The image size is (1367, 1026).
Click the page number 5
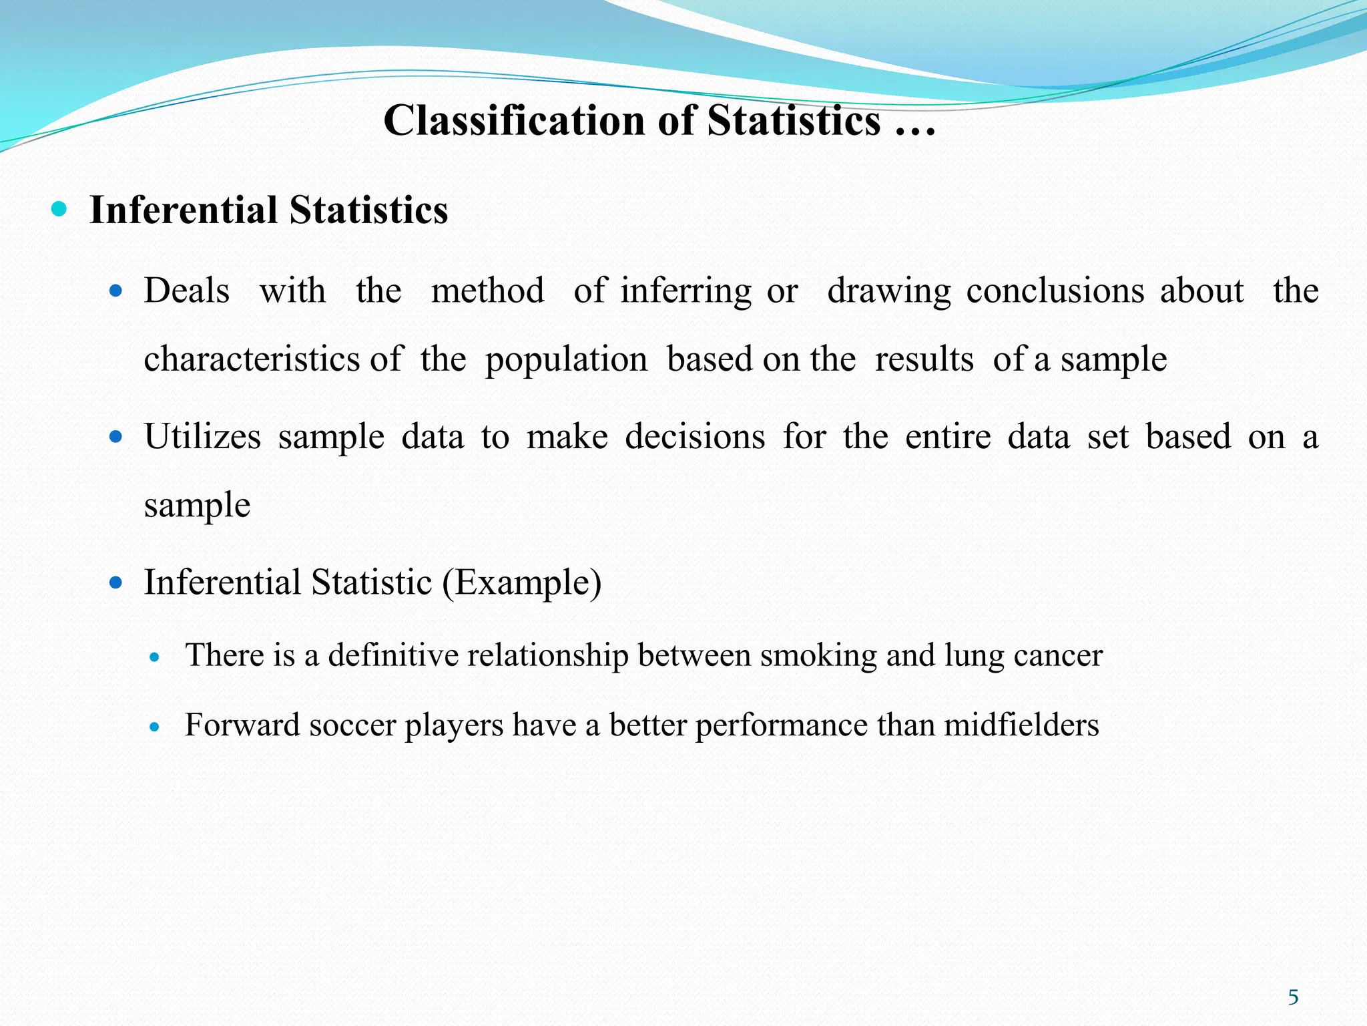1293,997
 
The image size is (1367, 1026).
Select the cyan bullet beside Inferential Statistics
59,210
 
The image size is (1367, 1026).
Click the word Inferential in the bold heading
183,210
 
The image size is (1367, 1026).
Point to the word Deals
187,291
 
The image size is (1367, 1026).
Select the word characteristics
252,359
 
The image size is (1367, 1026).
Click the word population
566,359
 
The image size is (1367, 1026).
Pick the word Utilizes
202,437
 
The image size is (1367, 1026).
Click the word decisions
695,437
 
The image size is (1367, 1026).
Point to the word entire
948,437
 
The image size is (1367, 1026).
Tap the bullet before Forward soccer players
155,727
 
